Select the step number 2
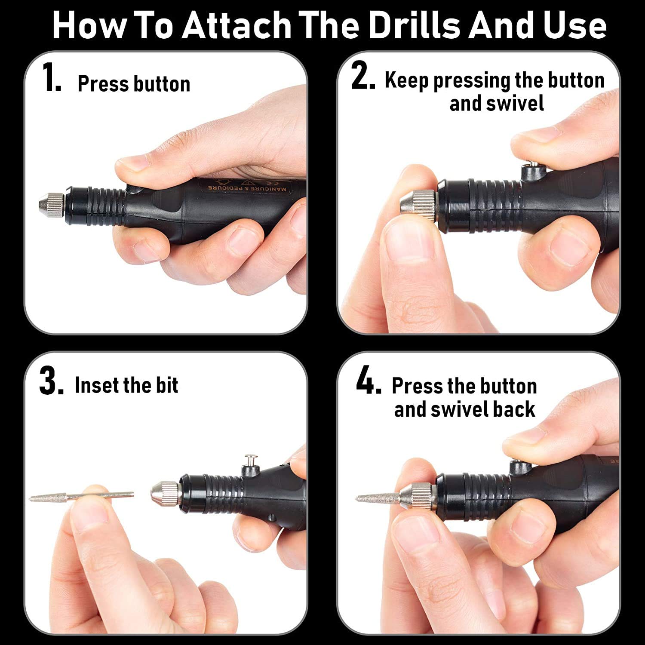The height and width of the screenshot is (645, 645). [363, 76]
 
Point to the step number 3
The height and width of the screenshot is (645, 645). [51, 381]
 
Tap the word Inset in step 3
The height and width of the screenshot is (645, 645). [95, 385]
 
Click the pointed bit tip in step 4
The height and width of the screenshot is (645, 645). [356, 499]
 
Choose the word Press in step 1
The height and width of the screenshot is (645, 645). [103, 83]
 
